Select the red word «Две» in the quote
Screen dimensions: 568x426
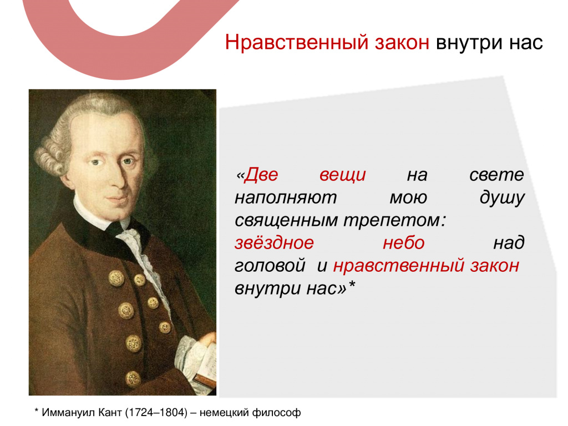tap(261, 175)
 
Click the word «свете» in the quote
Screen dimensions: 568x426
tap(496, 175)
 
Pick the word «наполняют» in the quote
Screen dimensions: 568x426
tap(286, 198)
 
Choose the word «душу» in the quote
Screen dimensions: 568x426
tap(502, 199)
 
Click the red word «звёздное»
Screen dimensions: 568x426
tap(274, 243)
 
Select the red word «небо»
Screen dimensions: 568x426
tap(404, 243)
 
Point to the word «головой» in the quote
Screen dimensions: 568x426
tap(270, 266)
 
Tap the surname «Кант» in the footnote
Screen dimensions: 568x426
tap(110, 413)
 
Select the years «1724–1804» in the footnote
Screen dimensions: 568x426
tap(156, 413)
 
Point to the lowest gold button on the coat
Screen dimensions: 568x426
tap(133, 378)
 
